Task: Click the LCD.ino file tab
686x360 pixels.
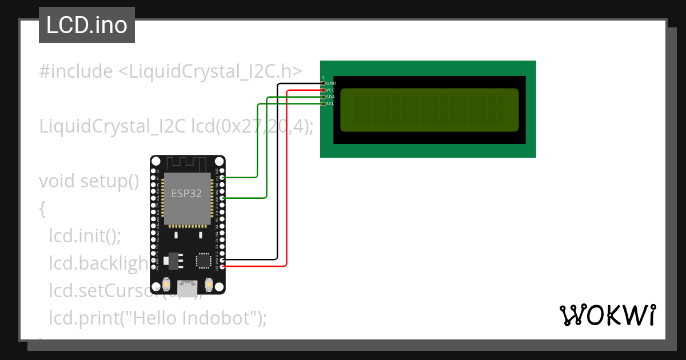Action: [x=87, y=25]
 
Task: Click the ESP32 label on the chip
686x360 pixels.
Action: [x=187, y=193]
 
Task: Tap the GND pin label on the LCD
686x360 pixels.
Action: [x=331, y=83]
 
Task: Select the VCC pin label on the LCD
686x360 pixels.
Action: [x=330, y=90]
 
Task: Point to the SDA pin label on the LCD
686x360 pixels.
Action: [x=330, y=97]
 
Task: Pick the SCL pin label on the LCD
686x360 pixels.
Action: [x=330, y=104]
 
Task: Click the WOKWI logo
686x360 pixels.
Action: [x=607, y=315]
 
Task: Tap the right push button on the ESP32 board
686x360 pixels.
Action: [x=209, y=284]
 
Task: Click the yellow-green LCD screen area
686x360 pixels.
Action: [x=429, y=110]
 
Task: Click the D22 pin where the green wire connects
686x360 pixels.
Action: [x=222, y=178]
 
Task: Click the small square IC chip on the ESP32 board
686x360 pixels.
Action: [x=203, y=260]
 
